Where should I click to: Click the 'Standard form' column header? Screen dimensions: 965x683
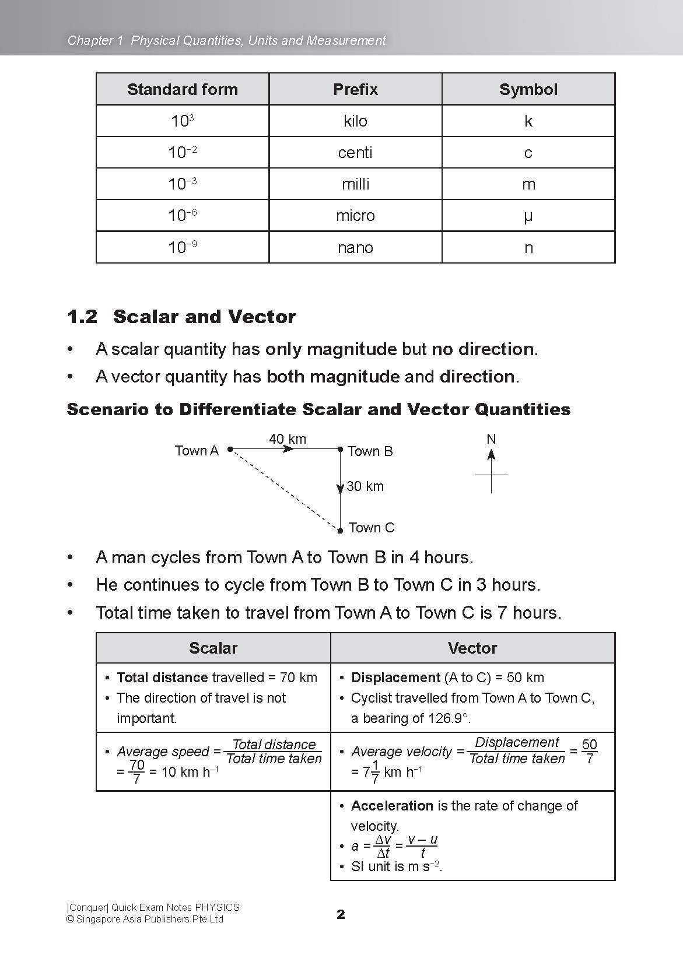182,89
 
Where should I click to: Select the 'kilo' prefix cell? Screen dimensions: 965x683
355,121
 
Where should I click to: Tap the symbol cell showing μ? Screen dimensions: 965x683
528,216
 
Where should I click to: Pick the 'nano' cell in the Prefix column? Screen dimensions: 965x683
355,248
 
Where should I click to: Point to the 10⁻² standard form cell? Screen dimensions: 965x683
182,153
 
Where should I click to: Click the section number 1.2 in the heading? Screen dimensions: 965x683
82,317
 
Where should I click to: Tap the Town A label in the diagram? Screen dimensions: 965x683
197,451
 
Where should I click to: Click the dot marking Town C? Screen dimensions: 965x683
340,531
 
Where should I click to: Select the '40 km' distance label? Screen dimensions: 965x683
287,438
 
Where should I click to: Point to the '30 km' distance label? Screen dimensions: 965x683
365,486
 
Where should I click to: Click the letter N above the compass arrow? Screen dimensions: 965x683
491,439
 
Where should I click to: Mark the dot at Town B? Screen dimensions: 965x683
340,449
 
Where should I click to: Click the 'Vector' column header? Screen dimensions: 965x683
472,648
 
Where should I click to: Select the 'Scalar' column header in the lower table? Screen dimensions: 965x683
213,648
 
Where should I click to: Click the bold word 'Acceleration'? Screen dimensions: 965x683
392,806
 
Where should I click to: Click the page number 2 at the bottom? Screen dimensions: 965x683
341,914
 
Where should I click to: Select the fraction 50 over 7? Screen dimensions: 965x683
589,752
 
